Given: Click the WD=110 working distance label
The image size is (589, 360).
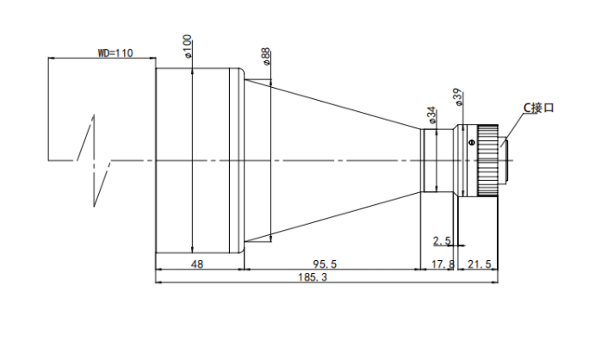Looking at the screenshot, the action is (115, 53).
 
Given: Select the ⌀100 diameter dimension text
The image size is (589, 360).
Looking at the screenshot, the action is (188, 47).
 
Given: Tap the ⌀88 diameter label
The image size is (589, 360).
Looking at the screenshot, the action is (265, 56).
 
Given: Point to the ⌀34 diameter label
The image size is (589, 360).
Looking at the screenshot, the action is (431, 115).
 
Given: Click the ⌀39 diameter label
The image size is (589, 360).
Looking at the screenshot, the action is (457, 97).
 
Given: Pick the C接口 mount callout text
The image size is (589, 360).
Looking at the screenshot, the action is (539, 108).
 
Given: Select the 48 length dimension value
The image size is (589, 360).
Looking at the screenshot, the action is (197, 264).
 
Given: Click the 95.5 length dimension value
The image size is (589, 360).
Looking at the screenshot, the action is (325, 264).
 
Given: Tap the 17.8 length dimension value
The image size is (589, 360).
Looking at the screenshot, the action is (443, 264).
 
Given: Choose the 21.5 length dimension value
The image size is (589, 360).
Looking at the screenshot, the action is (480, 264).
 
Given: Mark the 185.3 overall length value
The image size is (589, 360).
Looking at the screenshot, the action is (313, 277).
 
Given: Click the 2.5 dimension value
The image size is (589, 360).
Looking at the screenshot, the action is (442, 241).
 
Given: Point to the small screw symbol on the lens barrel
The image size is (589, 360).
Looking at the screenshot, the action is (472, 142).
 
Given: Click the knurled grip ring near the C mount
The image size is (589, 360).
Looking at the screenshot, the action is (487, 161).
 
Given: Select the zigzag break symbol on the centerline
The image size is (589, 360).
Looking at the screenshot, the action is (94, 161).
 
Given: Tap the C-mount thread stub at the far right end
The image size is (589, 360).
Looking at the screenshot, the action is (504, 161).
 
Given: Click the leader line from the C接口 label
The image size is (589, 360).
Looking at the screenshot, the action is (512, 129).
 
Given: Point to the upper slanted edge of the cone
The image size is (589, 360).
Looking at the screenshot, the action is (332, 104).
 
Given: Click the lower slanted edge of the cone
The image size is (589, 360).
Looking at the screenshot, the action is (332, 217).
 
